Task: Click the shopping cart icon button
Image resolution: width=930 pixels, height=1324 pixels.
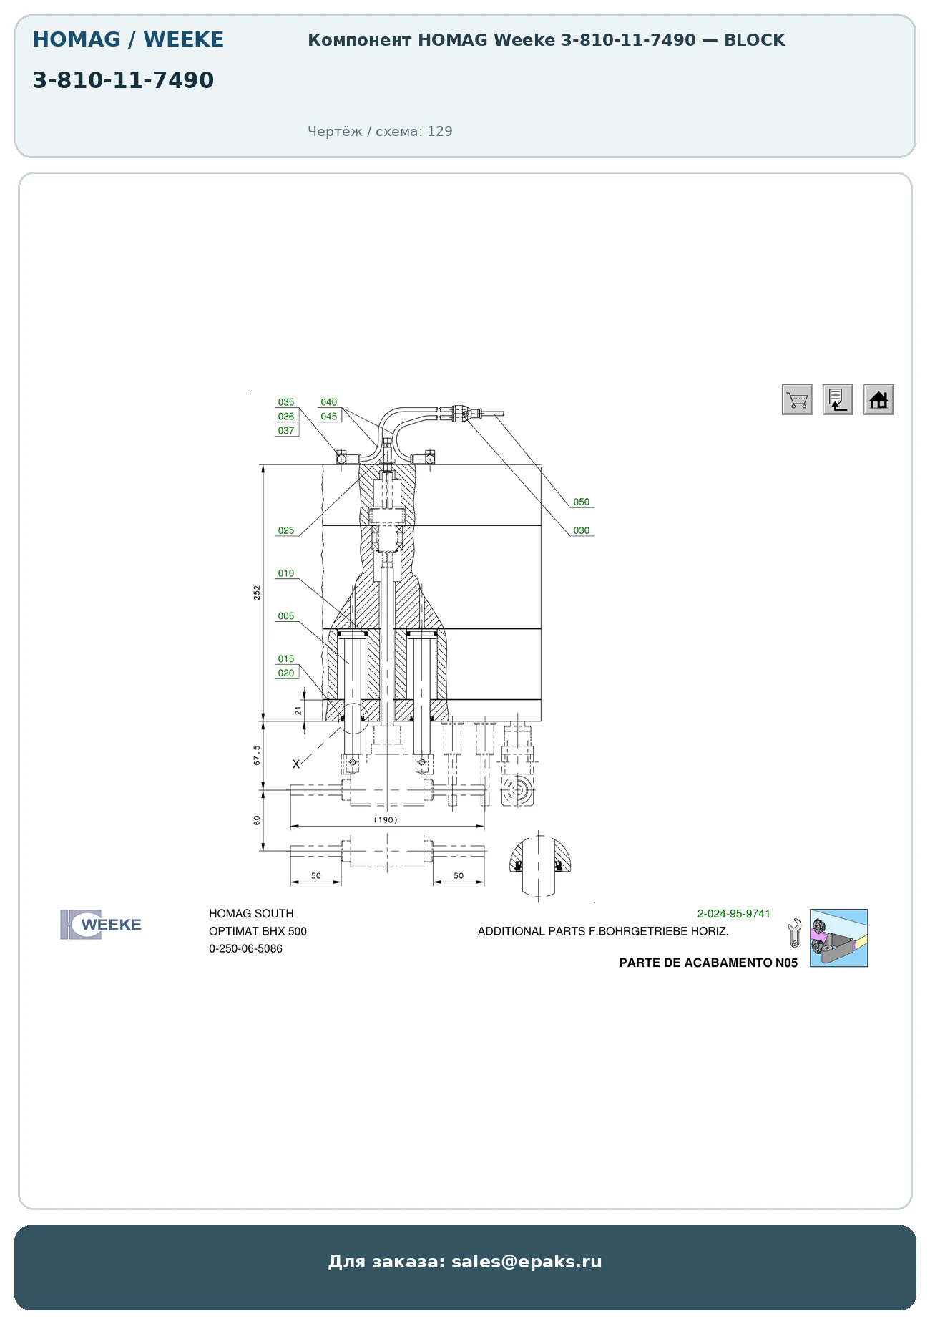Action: pyautogui.click(x=797, y=399)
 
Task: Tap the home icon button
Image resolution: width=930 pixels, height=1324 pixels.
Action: pyautogui.click(x=878, y=399)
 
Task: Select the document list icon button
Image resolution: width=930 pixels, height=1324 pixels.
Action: pyautogui.click(x=838, y=399)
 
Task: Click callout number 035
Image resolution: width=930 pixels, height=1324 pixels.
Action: pyautogui.click(x=286, y=402)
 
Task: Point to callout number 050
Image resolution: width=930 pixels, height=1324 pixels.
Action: pyautogui.click(x=582, y=502)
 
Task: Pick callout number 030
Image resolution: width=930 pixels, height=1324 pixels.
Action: pyautogui.click(x=582, y=531)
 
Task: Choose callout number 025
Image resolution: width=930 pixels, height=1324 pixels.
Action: pyautogui.click(x=286, y=531)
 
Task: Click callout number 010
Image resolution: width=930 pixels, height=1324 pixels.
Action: pyautogui.click(x=286, y=574)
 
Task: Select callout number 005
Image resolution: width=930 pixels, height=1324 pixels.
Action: pyautogui.click(x=286, y=616)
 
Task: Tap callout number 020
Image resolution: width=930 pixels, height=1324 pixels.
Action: pyautogui.click(x=286, y=673)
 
